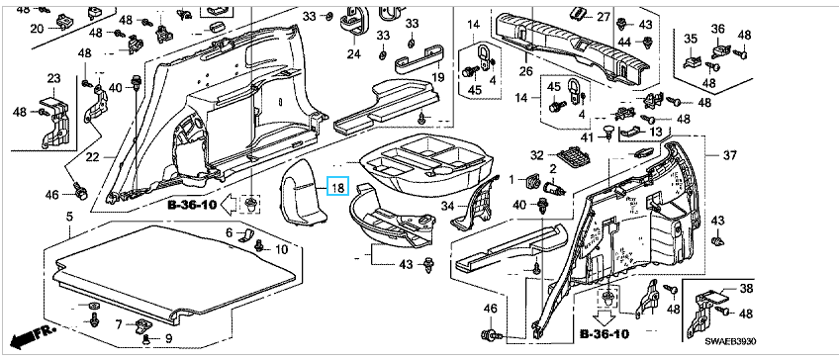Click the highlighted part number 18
pos(338,188)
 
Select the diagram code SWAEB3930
pos(730,342)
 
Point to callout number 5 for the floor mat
pos(69,217)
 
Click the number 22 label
pos(94,157)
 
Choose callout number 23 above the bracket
pos(54,79)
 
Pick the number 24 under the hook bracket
pos(353,53)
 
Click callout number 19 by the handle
pos(438,77)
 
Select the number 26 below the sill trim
pos(525,71)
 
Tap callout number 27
pos(604,17)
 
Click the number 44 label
pos(638,42)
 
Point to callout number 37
pos(730,155)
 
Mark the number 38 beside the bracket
pos(746,290)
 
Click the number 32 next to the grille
pos(537,155)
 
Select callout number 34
pos(448,206)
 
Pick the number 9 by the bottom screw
pos(168,338)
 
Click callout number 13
pos(655,132)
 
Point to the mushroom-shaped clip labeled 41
pos(608,132)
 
